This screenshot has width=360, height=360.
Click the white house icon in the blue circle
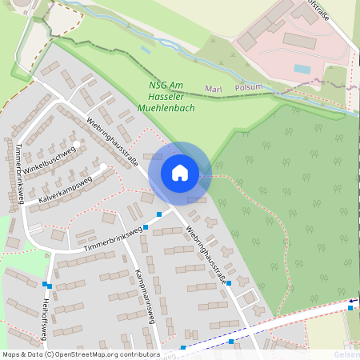[180, 172]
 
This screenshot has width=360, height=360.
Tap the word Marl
[214, 88]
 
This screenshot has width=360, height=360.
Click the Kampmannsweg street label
[144, 283]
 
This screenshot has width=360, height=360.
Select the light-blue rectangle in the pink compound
[302, 69]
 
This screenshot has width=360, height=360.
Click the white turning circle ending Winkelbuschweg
[77, 144]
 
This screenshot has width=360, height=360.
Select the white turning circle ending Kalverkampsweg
[103, 167]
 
